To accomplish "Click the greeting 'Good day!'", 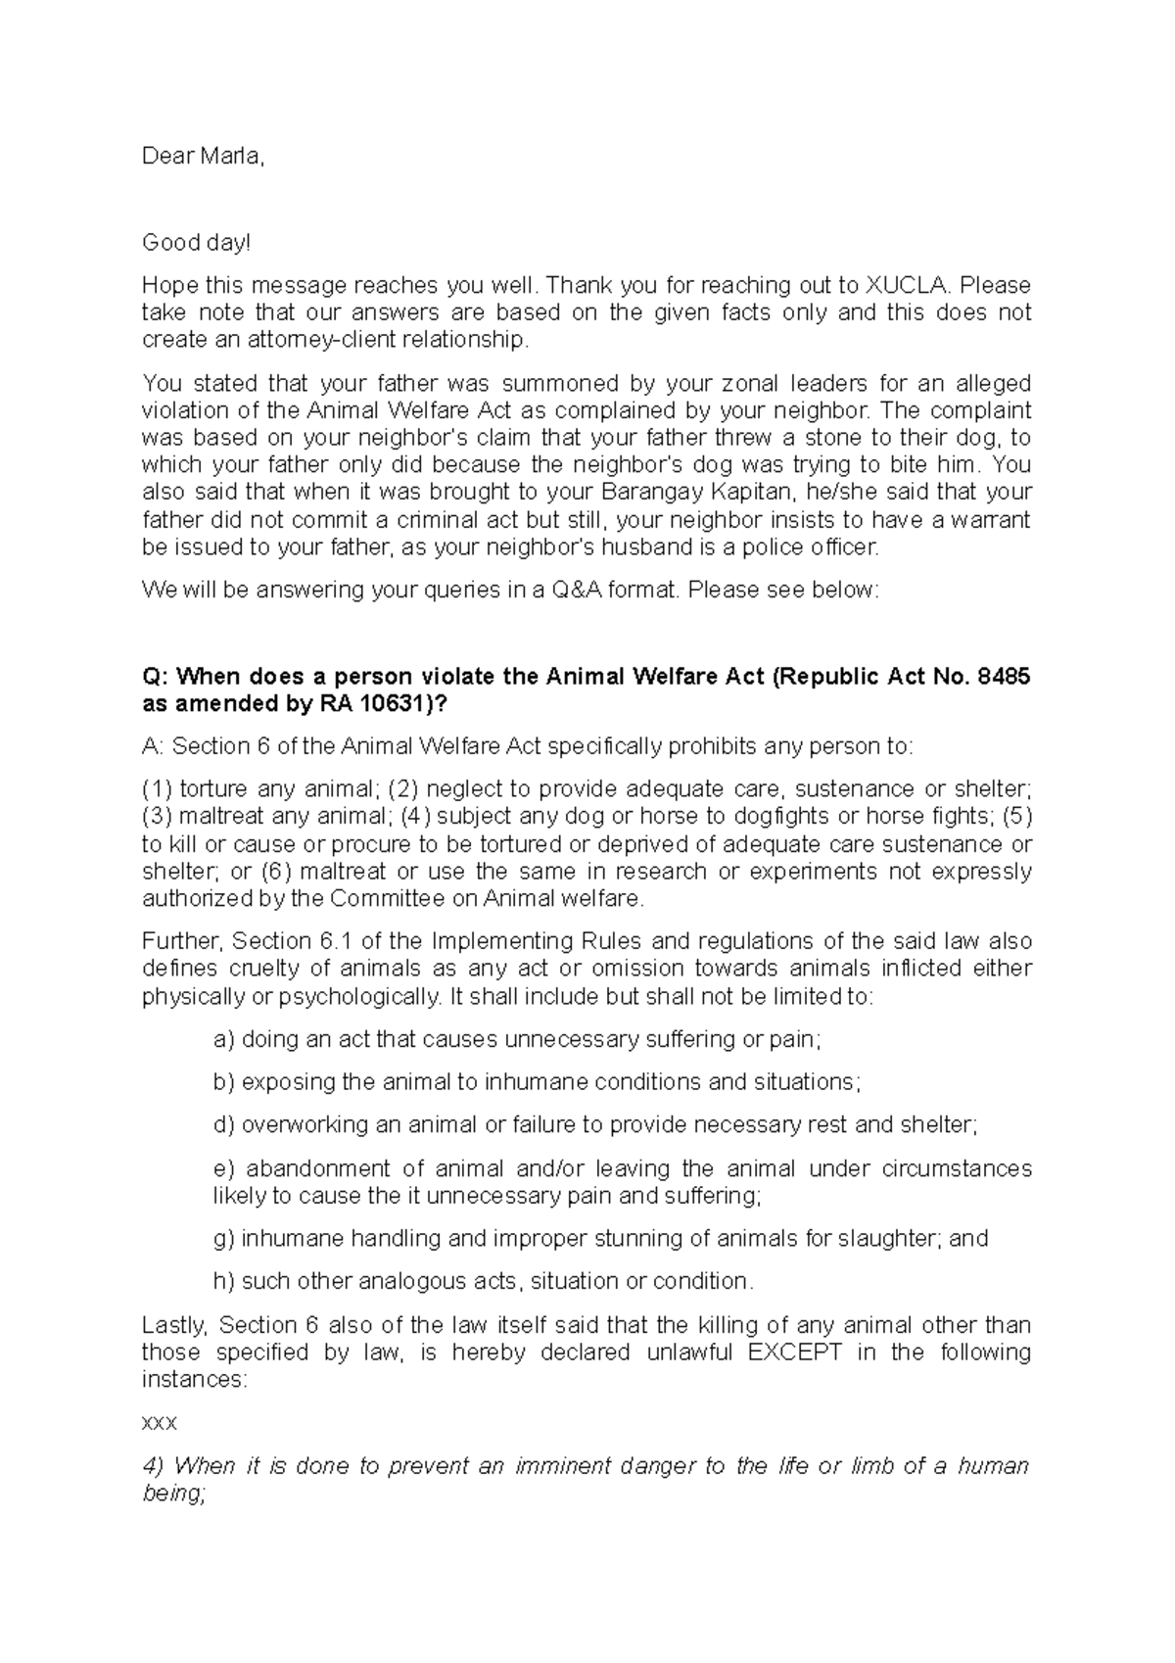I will coord(196,242).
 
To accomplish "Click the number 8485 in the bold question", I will coord(1004,677).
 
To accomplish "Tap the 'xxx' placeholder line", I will coord(159,1423).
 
